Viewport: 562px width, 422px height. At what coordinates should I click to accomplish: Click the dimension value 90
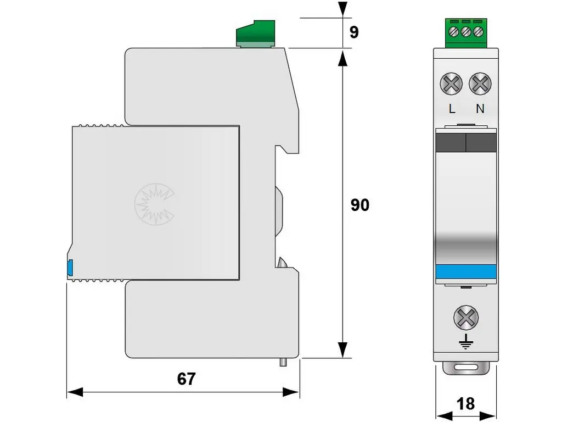pyautogui.click(x=360, y=206)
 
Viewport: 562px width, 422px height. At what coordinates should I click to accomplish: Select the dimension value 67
pyautogui.click(x=186, y=379)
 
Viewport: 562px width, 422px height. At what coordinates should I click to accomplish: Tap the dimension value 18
pyautogui.click(x=465, y=404)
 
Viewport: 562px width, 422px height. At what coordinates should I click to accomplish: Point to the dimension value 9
pyautogui.click(x=354, y=32)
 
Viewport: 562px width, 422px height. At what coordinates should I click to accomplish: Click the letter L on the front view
pyautogui.click(x=452, y=109)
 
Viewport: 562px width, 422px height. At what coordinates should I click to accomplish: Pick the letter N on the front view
pyautogui.click(x=480, y=109)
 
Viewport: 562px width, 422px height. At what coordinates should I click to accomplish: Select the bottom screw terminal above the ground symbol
pyautogui.click(x=465, y=318)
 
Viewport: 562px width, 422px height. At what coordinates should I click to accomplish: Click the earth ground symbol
pyautogui.click(x=465, y=343)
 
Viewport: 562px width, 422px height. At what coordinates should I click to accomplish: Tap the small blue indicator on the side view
pyautogui.click(x=70, y=268)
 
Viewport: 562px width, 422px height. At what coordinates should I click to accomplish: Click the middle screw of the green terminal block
pyautogui.click(x=466, y=31)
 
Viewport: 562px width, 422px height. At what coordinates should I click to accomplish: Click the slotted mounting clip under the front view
pyautogui.click(x=465, y=369)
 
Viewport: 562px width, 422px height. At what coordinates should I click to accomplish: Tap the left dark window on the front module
pyautogui.click(x=450, y=143)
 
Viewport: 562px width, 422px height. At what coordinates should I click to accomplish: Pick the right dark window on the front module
pyautogui.click(x=481, y=143)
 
